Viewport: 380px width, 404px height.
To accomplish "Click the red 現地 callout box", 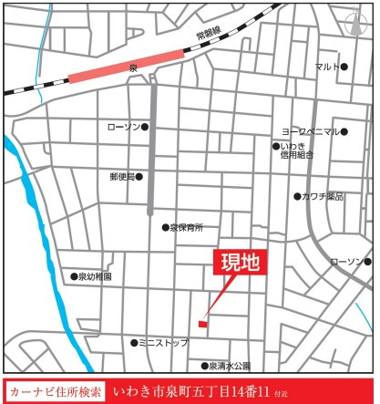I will click(240, 264).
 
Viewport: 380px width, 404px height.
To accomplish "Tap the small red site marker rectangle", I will click(203, 323).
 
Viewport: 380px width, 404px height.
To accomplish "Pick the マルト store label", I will click(326, 67).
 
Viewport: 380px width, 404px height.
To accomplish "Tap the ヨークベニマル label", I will click(310, 131).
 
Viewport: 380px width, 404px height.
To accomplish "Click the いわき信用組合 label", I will click(297, 150).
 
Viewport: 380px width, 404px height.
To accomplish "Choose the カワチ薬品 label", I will click(323, 196).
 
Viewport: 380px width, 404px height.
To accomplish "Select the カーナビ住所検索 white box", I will click(56, 389).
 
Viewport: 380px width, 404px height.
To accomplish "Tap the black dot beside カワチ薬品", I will click(297, 196).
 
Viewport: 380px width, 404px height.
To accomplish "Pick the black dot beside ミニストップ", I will click(134, 343).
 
